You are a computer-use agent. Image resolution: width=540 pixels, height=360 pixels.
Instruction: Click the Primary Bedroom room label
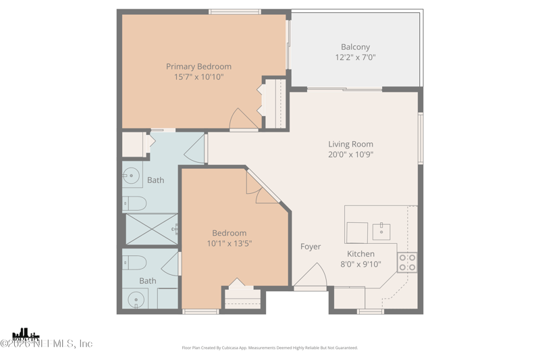point(198,66)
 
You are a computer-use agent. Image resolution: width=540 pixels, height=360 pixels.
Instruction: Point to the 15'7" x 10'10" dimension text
point(198,77)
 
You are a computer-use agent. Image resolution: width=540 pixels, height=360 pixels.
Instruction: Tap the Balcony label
point(355,47)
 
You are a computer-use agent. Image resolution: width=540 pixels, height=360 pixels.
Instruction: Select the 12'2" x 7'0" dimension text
point(355,57)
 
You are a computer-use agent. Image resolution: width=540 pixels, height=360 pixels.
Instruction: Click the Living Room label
point(350,144)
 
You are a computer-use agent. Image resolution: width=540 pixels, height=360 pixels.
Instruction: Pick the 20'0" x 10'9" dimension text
point(350,155)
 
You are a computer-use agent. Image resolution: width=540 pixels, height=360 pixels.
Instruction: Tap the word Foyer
point(310,247)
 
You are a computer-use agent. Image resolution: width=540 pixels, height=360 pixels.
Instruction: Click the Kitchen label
point(360,254)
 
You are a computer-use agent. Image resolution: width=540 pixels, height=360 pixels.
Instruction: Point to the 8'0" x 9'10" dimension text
point(360,265)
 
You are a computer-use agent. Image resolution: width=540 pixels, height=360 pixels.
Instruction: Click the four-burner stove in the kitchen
point(407,262)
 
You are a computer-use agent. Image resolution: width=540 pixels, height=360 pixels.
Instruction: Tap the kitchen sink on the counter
point(381,231)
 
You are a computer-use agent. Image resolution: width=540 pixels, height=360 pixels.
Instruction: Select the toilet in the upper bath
point(134,203)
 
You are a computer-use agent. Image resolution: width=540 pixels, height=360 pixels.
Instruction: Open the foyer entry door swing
point(310,277)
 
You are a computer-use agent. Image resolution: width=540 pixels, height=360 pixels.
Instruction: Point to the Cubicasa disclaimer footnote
point(270,348)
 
